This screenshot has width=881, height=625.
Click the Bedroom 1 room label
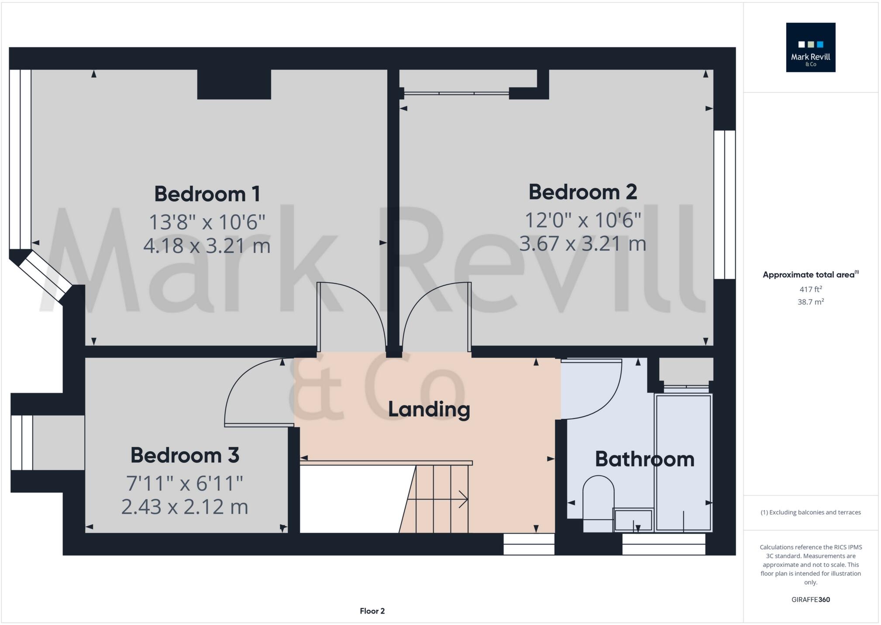pyautogui.click(x=207, y=194)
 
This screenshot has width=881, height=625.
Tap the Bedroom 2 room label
pyautogui.click(x=582, y=192)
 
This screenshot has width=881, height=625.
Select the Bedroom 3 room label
pyautogui.click(x=185, y=456)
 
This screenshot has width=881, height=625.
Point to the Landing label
pyautogui.click(x=429, y=410)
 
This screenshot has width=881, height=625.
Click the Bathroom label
pyautogui.click(x=644, y=459)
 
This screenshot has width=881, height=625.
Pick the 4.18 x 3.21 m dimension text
pyautogui.click(x=207, y=245)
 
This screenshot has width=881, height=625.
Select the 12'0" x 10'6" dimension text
pyautogui.click(x=582, y=220)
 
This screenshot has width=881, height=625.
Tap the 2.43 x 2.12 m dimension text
pyautogui.click(x=185, y=507)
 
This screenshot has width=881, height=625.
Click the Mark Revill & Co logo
pyautogui.click(x=810, y=48)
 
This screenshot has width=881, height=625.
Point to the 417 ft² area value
pyautogui.click(x=810, y=289)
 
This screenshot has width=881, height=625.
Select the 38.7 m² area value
pyautogui.click(x=810, y=302)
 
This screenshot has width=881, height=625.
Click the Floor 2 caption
pyautogui.click(x=372, y=611)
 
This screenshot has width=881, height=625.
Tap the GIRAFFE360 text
pyautogui.click(x=810, y=600)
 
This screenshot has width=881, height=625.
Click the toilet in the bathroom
pyautogui.click(x=598, y=502)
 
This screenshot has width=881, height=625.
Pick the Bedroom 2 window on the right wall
pyautogui.click(x=724, y=204)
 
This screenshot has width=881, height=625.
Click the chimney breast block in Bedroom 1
pyautogui.click(x=234, y=84)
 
